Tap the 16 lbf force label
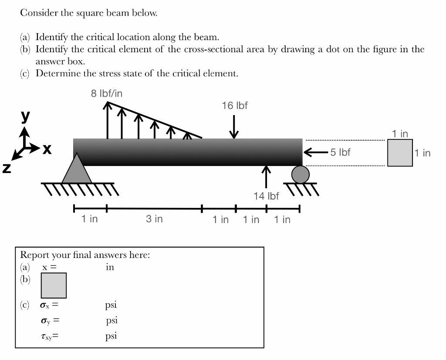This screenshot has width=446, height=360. tap(235, 105)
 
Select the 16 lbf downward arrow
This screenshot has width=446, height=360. tap(234, 126)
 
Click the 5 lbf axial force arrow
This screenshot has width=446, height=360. tap(315, 152)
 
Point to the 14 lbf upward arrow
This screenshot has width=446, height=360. tap(266, 177)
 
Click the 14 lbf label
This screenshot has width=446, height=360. tap(266, 196)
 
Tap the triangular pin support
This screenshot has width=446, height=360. tap(77, 170)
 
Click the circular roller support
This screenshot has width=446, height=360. tap(300, 175)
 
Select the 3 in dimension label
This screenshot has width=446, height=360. tap(154, 219)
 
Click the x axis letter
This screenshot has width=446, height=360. tap(46, 149)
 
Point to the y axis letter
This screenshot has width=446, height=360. tap(26, 115)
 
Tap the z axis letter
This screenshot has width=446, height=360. tap(6, 168)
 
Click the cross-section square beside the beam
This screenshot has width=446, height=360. tap(400, 153)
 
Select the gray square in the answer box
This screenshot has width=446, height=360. tap(54, 285)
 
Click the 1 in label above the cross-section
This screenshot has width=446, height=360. tap(400, 134)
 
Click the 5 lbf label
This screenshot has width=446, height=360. tap(340, 152)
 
